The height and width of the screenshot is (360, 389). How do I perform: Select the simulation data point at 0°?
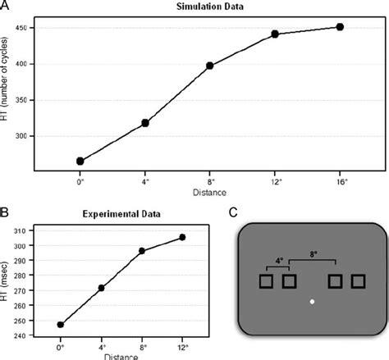(80, 161)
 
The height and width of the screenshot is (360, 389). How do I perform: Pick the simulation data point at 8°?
(210, 66)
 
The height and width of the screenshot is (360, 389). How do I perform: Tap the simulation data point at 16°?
(340, 27)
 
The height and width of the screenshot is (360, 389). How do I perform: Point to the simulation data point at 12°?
(275, 34)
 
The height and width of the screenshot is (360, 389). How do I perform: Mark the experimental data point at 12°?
(182, 237)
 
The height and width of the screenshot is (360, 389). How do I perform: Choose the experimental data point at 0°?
(61, 325)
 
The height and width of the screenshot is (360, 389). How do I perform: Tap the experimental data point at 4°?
(102, 288)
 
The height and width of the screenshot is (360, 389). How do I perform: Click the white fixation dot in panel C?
(312, 303)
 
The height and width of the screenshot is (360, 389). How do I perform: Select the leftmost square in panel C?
(266, 282)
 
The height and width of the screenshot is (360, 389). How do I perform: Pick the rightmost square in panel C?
(358, 282)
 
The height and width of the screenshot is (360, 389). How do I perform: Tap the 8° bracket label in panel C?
(313, 255)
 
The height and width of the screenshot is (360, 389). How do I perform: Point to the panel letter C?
(234, 212)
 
